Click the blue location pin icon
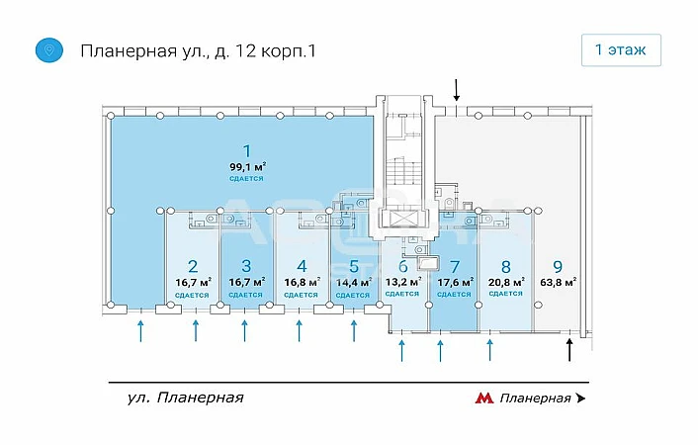pyautogui.click(x=46, y=50)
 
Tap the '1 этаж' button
pyautogui.click(x=621, y=49)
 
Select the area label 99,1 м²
pyautogui.click(x=246, y=166)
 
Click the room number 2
pyautogui.click(x=192, y=265)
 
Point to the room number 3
pyautogui.click(x=246, y=265)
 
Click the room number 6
pyautogui.click(x=402, y=265)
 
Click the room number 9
pyautogui.click(x=558, y=265)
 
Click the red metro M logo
pyautogui.click(x=484, y=399)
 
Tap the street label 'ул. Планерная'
pyautogui.click(x=185, y=398)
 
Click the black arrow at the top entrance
pyautogui.click(x=457, y=92)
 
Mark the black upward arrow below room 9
pyautogui.click(x=568, y=350)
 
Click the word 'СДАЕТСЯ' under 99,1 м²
pyautogui.click(x=246, y=179)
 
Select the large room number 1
pyautogui.click(x=246, y=150)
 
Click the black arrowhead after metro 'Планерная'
pyautogui.click(x=580, y=399)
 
